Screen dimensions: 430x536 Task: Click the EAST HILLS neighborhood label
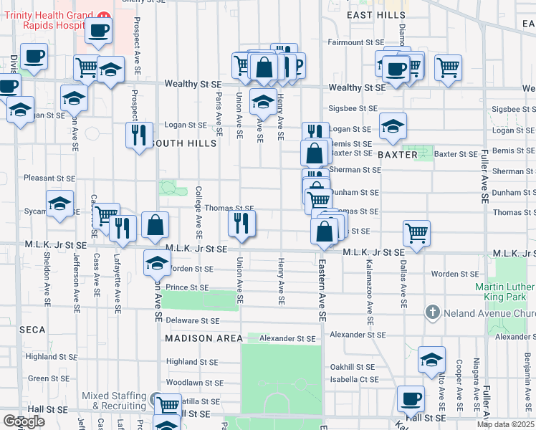coord(371,14)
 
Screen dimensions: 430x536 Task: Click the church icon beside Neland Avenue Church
coord(432,312)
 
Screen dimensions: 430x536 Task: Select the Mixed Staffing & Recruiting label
coord(115,401)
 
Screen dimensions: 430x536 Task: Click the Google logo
coord(24,421)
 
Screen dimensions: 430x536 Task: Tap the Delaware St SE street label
coord(194,321)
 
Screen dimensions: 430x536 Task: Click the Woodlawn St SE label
coord(195,383)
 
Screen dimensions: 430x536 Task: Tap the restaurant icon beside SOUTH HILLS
coord(138,134)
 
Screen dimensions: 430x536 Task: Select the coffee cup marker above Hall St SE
coord(411,398)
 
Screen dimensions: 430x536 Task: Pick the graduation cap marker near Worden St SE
coord(157,262)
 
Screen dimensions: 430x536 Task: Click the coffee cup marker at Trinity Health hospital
coord(98,31)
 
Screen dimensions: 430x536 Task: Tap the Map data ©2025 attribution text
coord(506,424)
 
